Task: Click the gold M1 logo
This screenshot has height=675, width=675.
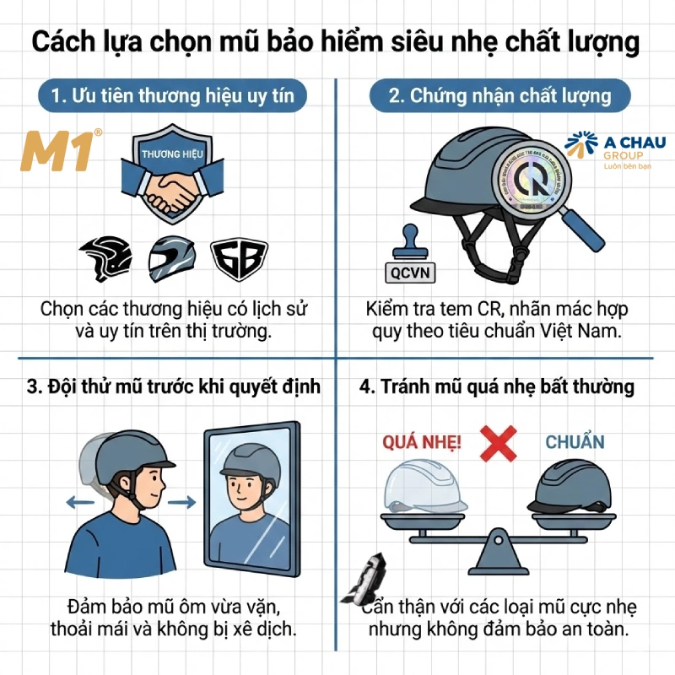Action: click(x=58, y=152)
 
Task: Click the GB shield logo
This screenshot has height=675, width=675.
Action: click(x=239, y=257)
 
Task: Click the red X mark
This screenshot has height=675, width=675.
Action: click(x=498, y=440)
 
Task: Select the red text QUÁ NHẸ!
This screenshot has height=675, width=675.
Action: click(x=411, y=441)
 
